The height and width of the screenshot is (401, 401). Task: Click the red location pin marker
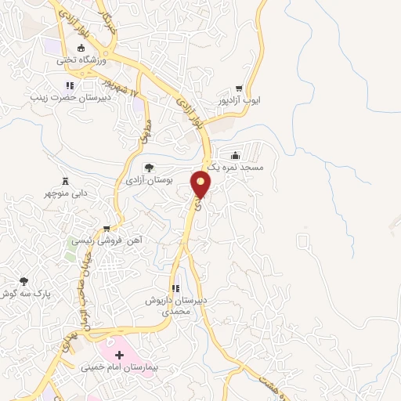(201, 184)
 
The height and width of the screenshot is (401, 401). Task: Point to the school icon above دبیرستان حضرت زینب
(69, 86)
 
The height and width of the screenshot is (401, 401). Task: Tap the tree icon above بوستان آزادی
(149, 168)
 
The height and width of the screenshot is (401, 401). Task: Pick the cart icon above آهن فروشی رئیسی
(107, 229)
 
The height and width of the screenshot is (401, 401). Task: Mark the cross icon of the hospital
(119, 355)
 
